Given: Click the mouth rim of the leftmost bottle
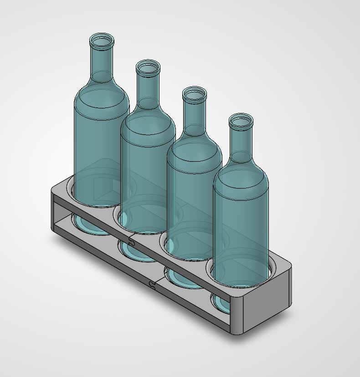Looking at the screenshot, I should click(102, 40).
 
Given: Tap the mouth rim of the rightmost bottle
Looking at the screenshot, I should click(241, 120).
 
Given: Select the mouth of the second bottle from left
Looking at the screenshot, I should click(148, 67).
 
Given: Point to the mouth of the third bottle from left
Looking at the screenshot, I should click(195, 94).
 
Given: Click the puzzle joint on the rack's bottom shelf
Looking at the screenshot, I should click(153, 285).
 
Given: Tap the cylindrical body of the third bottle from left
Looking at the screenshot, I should click(195, 205).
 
